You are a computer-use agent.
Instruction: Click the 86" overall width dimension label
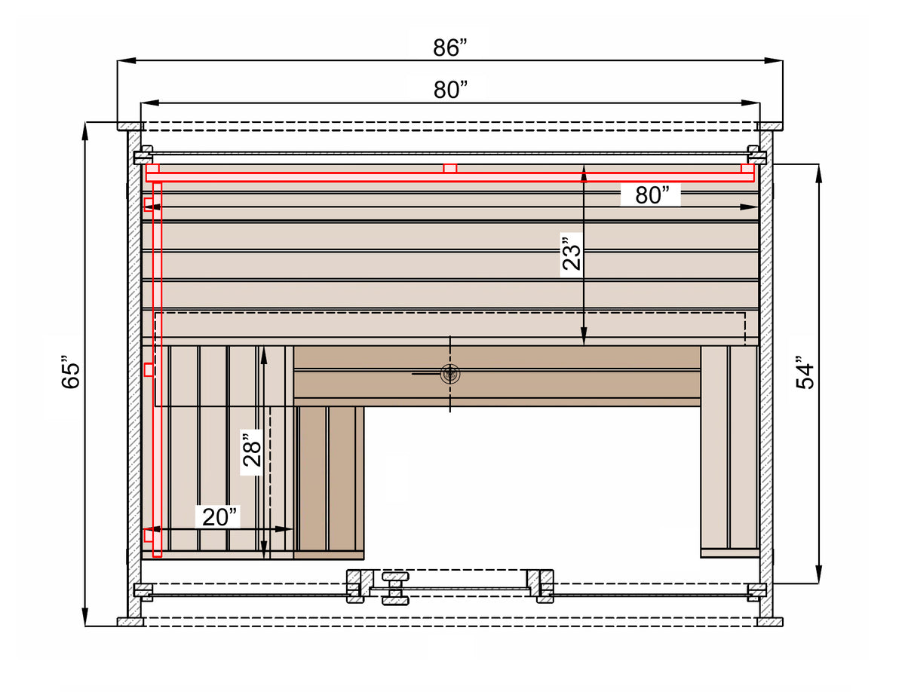point(449,47)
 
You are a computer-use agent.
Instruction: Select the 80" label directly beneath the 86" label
point(450,90)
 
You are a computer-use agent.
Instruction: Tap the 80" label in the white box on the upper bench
point(652,195)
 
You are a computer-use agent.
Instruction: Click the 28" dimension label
point(252,450)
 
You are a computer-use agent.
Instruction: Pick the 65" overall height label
point(70,372)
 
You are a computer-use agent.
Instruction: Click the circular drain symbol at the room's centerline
point(449,374)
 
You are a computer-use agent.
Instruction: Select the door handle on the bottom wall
point(395,589)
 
